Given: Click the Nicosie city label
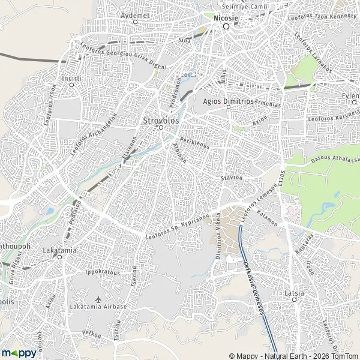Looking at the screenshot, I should [226, 17].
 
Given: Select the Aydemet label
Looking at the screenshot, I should [134, 14].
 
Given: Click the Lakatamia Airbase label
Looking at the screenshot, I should [99, 307].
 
